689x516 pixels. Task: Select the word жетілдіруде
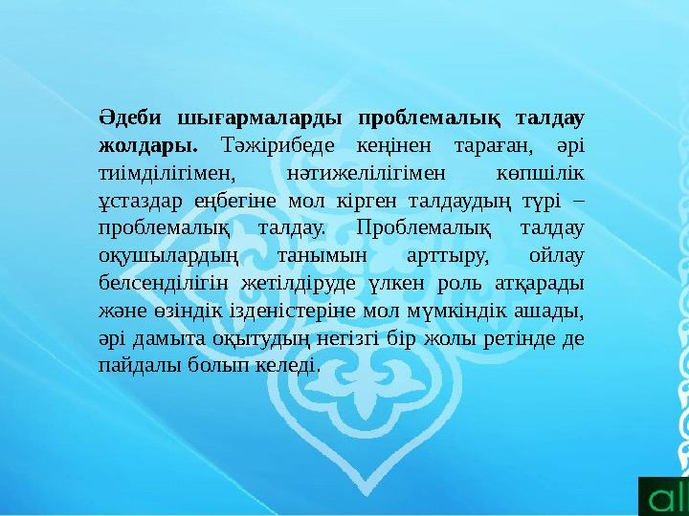300,283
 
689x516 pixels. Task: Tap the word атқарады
545,283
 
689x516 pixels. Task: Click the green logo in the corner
664,495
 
